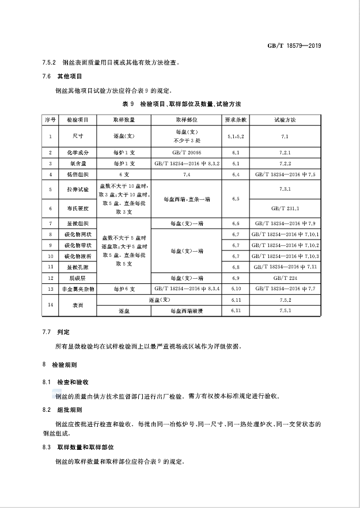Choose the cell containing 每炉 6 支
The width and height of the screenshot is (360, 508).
pos(124,288)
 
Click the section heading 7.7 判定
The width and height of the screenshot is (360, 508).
pos(56,332)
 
